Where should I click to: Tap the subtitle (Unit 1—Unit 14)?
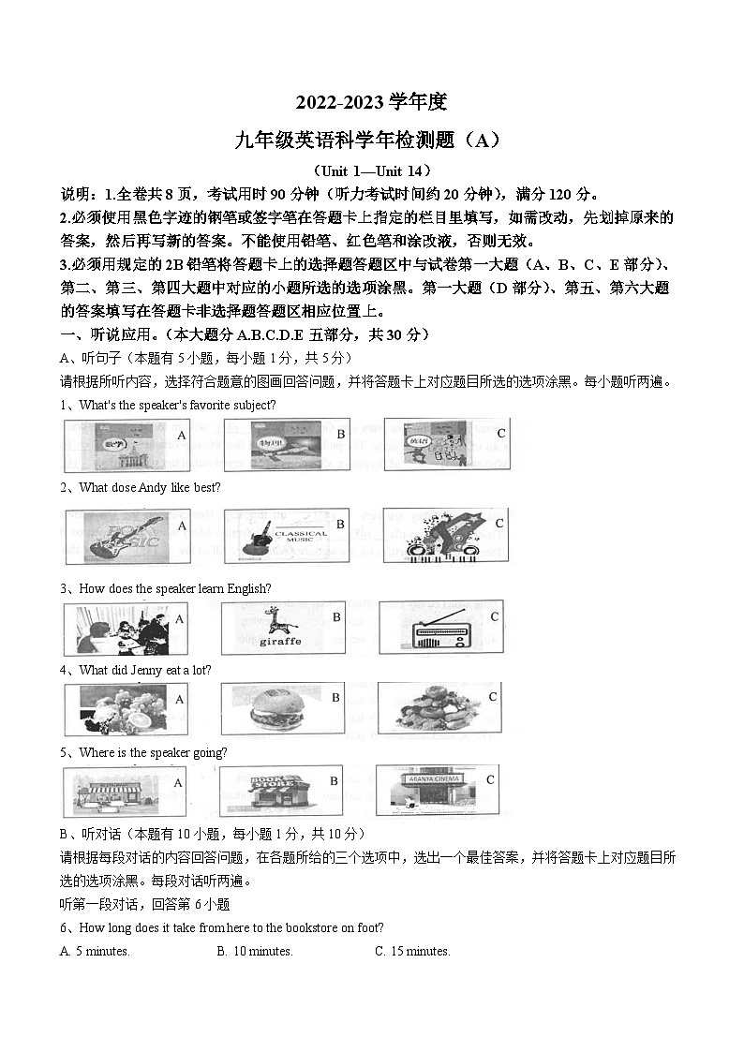372,170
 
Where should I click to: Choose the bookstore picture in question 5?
275,792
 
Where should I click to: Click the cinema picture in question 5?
434,792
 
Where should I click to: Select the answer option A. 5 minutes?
95,951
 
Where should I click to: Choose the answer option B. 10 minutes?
255,951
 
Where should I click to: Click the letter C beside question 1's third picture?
501,433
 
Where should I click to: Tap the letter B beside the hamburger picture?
335,698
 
